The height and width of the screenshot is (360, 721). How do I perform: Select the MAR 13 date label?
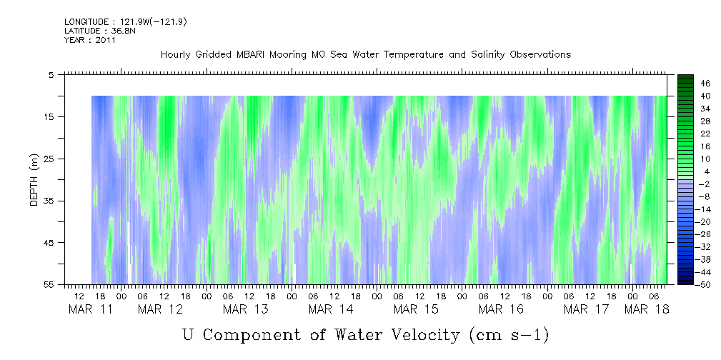(x=245, y=309)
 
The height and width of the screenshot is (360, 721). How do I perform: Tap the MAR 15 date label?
(x=416, y=309)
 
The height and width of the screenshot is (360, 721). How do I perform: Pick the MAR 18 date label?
(x=647, y=309)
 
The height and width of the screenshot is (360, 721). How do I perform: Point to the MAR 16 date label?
(x=501, y=309)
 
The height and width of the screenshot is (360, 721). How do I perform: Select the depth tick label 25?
(x=50, y=159)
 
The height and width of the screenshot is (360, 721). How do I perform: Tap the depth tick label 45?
(x=50, y=243)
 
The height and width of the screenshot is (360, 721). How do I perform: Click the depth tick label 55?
(x=50, y=284)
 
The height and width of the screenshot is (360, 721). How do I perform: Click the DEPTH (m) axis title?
(x=34, y=183)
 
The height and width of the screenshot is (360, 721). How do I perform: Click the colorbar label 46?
(x=705, y=84)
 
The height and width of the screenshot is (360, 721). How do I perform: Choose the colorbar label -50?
(x=704, y=284)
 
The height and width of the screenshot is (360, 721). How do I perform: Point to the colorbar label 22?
(x=705, y=134)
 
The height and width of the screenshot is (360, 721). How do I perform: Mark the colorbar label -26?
(x=704, y=234)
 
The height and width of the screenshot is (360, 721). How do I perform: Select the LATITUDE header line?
(x=95, y=31)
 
